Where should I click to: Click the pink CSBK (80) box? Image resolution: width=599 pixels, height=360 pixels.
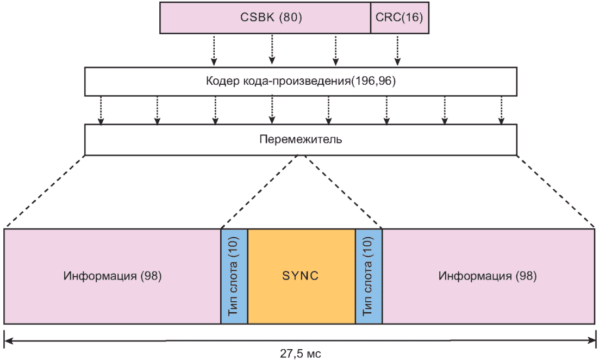coord(265,17)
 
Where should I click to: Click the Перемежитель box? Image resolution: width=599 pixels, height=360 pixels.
coord(301,139)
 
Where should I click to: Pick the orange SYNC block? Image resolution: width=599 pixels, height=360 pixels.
coord(301,276)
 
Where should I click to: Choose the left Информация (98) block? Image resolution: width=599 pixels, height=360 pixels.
coord(112,276)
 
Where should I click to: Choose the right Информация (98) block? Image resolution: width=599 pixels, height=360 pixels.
coord(488,276)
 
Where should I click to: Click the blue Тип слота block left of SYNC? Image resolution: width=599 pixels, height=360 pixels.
coord(234,276)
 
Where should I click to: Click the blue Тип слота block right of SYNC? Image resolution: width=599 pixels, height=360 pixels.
coord(369,276)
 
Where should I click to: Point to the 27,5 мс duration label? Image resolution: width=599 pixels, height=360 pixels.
coord(301,353)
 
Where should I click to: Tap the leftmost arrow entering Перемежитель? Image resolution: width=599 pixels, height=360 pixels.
coord(100,110)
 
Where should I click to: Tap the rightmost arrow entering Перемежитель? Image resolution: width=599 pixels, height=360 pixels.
coord(501,110)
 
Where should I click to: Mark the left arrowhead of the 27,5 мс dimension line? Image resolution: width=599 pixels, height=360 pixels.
coord(8,341)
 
